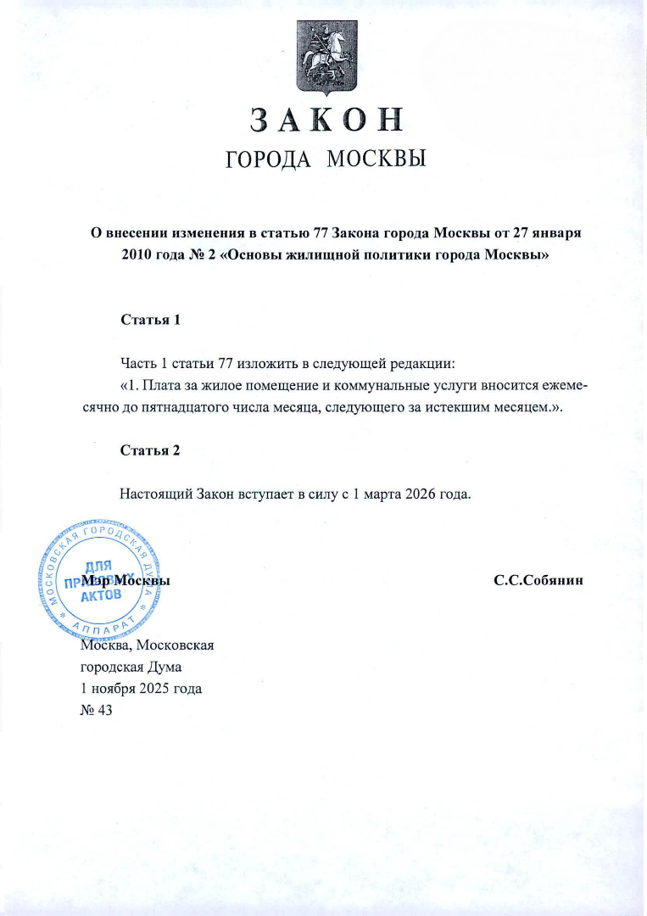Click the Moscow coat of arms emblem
pos(323,57)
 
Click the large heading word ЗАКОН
pos(323,120)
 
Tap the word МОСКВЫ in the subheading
pos(375,159)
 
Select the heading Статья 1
pos(151,321)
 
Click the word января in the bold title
pos(555,233)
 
